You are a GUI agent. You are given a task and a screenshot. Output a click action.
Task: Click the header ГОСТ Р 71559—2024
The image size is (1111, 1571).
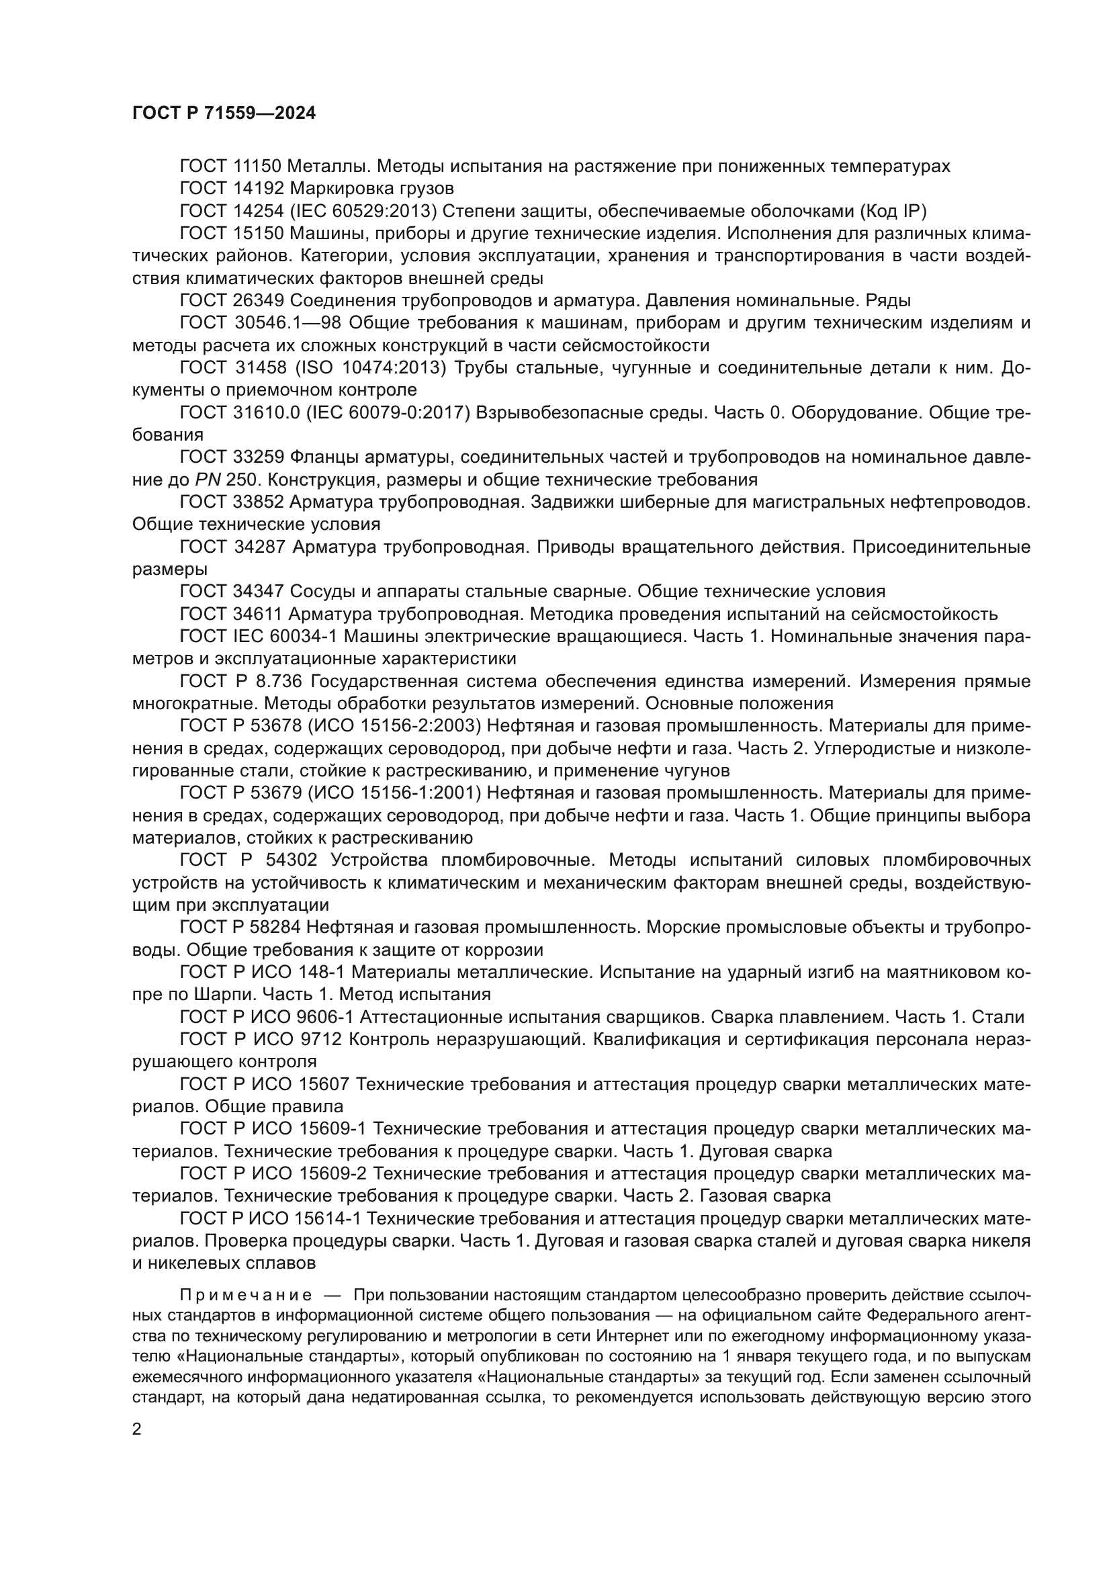224,114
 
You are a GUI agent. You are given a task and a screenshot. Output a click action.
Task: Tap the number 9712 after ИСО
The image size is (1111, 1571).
320,1039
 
